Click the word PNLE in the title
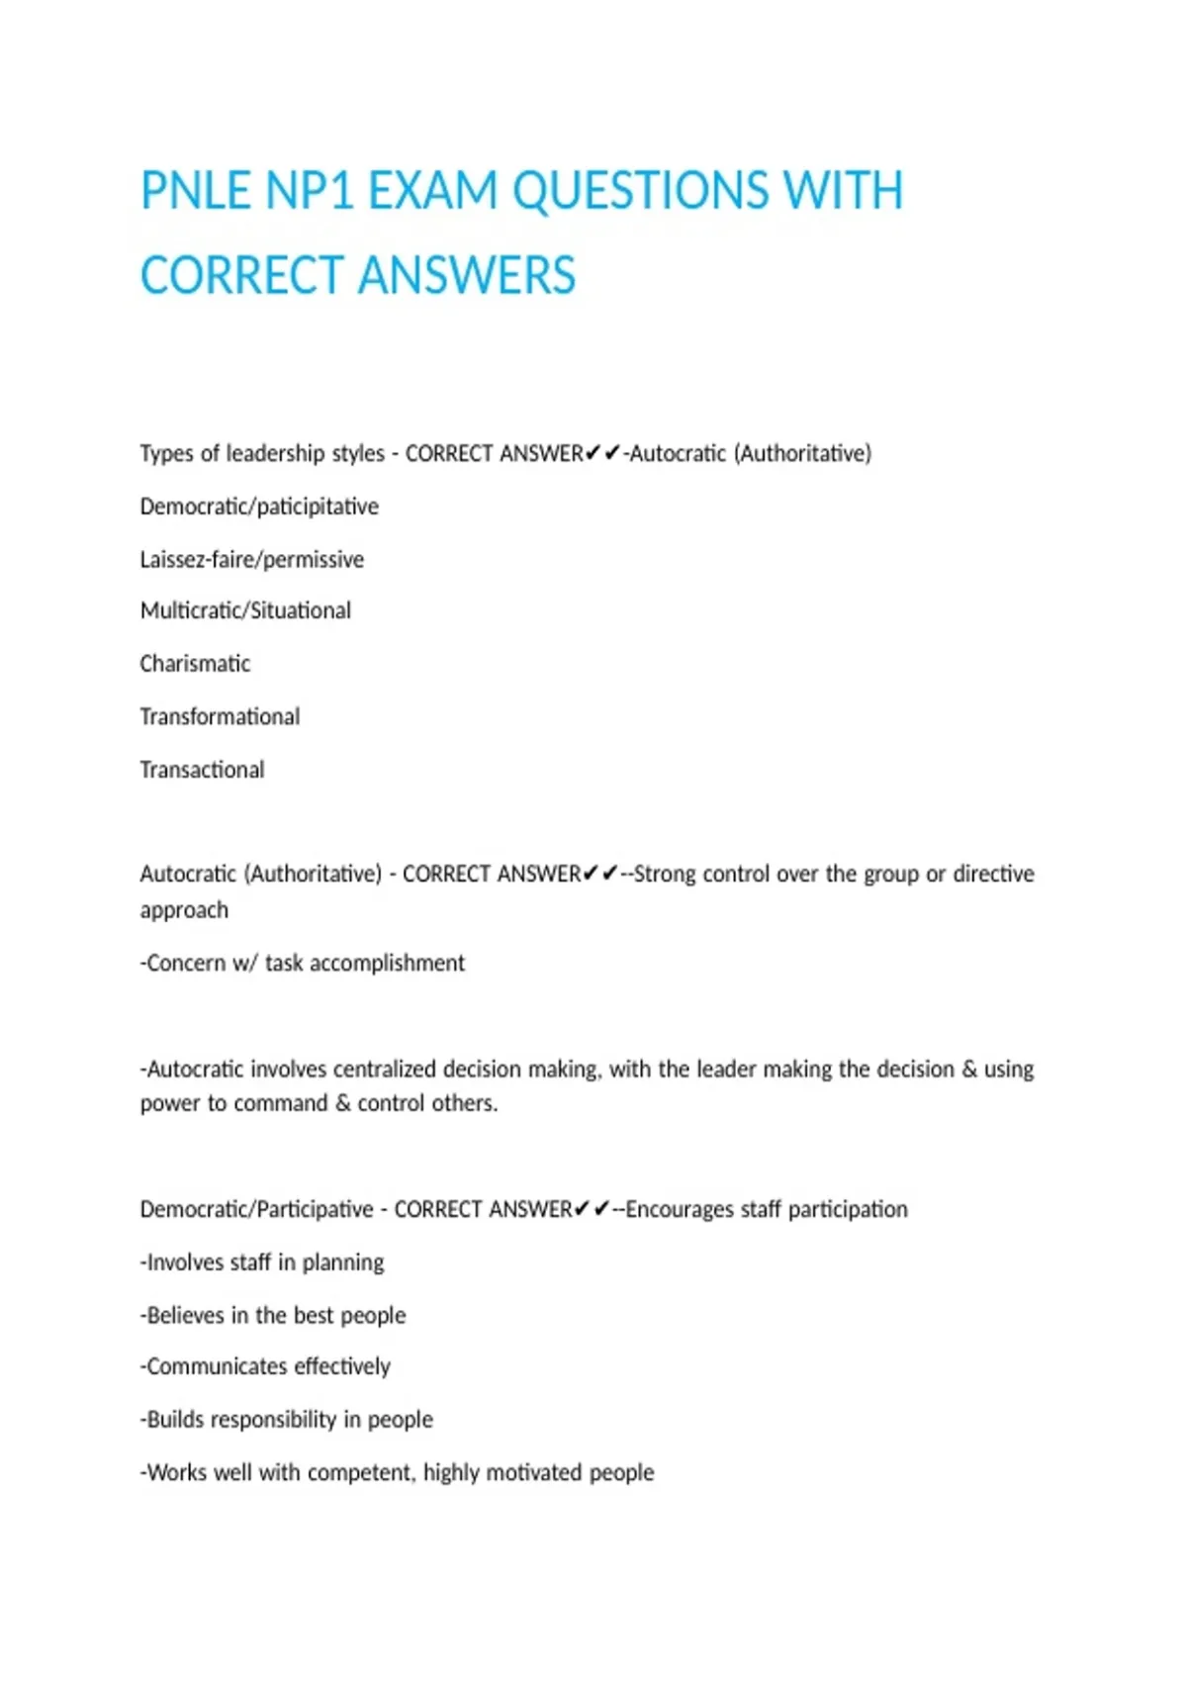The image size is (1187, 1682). click(196, 191)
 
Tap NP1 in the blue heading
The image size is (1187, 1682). click(310, 191)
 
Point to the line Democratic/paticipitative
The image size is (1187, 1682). click(259, 507)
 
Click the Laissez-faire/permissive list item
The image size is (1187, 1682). click(251, 560)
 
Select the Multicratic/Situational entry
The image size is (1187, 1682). click(245, 610)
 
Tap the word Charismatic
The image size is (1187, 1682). click(195, 664)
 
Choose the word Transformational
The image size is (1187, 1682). click(220, 716)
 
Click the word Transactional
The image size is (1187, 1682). click(202, 770)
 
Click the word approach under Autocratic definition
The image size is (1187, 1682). click(184, 910)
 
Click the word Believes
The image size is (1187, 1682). click(185, 1315)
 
